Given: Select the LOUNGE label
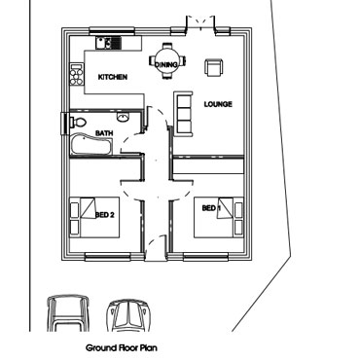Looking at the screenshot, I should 217,104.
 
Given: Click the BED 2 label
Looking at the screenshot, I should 105,214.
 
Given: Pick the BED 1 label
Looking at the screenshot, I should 211,208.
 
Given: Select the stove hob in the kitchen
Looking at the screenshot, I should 76,73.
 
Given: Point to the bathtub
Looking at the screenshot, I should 90,147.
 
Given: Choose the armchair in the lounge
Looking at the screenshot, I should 214,65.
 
